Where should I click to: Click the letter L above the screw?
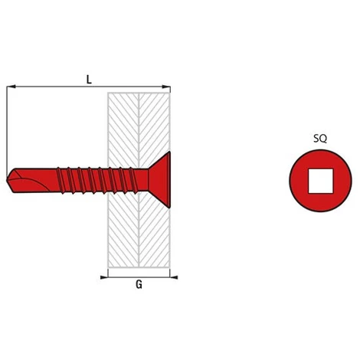pos(89,79)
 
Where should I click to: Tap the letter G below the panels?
pos(139,285)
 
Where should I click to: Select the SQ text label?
pos(320,139)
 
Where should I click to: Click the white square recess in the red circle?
pos(320,181)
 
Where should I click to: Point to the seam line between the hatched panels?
pos(139,230)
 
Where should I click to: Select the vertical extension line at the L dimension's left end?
pos(7,130)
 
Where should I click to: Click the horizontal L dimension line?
pos(54,87)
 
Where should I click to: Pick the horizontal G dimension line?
pos(139,277)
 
